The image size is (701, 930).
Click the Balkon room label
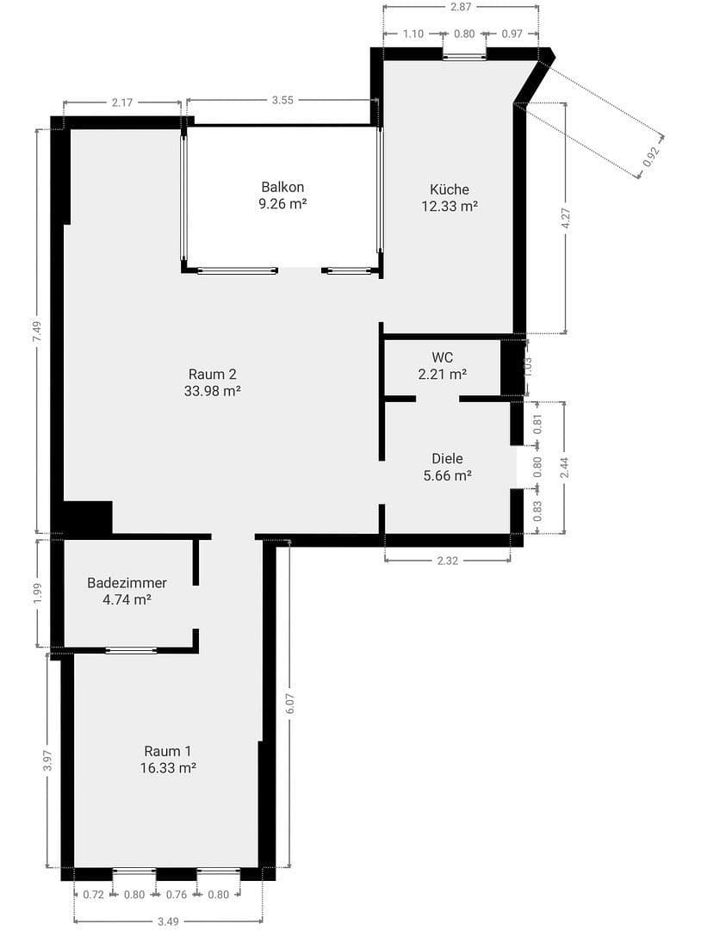(283, 187)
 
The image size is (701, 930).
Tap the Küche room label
(450, 189)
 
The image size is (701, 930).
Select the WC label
(443, 357)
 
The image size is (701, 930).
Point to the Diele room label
(447, 459)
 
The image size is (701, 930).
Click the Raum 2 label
(212, 374)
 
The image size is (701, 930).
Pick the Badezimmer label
(127, 583)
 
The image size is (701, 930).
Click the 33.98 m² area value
(212, 391)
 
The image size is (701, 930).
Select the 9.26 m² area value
(283, 204)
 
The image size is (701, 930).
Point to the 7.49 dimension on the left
(36, 332)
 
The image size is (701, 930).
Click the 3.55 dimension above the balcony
(282, 100)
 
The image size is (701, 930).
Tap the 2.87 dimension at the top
(461, 7)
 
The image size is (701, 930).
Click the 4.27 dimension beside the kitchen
(566, 218)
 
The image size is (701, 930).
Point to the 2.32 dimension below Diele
(447, 561)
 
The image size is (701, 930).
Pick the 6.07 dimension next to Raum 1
(290, 704)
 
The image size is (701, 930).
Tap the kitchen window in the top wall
(464, 57)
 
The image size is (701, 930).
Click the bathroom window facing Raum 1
(131, 650)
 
